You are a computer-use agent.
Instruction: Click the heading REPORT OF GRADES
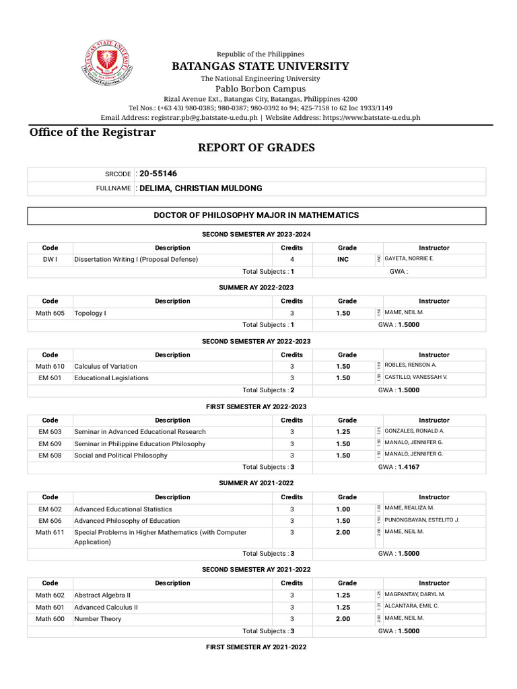pyautogui.click(x=256, y=147)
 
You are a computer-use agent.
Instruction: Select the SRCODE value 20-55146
pyautogui.click(x=158, y=174)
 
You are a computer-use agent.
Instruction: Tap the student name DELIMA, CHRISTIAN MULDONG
pyautogui.click(x=200, y=188)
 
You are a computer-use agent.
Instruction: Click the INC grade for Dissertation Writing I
pyautogui.click(x=343, y=259)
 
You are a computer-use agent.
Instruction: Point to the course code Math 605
pyautogui.click(x=50, y=313)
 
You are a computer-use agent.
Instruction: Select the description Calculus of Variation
pyautogui.click(x=106, y=366)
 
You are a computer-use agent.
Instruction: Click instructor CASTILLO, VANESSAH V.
pyautogui.click(x=415, y=377)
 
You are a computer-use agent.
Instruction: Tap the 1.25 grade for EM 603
pyautogui.click(x=343, y=432)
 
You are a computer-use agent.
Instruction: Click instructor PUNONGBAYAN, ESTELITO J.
pyautogui.click(x=421, y=520)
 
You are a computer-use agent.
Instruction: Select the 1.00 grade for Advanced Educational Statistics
pyautogui.click(x=343, y=509)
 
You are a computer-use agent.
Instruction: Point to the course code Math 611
pyautogui.click(x=50, y=532)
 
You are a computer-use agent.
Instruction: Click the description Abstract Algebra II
pyautogui.click(x=102, y=595)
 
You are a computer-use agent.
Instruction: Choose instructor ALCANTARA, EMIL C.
pyautogui.click(x=411, y=606)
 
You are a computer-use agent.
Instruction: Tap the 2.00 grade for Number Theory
pyautogui.click(x=343, y=619)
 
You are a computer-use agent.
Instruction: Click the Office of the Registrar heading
pyautogui.click(x=92, y=132)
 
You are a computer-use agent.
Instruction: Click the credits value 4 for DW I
pyautogui.click(x=292, y=259)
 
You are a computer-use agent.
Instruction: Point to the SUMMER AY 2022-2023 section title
pyautogui.click(x=256, y=287)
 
